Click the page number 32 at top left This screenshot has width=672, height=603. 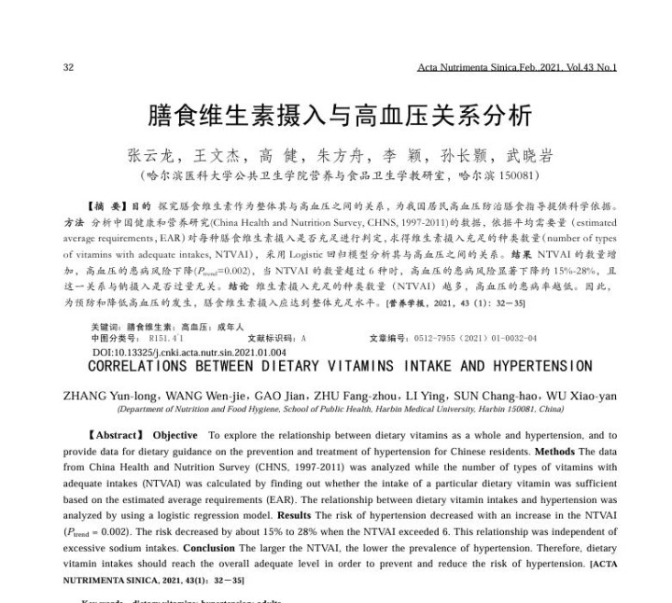[x=67, y=66]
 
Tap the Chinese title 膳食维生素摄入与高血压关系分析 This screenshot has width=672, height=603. [x=340, y=116]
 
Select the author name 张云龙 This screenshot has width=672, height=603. [x=149, y=155]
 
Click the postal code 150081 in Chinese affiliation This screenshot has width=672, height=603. [x=516, y=175]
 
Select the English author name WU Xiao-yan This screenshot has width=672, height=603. [x=580, y=395]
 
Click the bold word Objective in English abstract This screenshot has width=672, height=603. [x=175, y=435]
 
